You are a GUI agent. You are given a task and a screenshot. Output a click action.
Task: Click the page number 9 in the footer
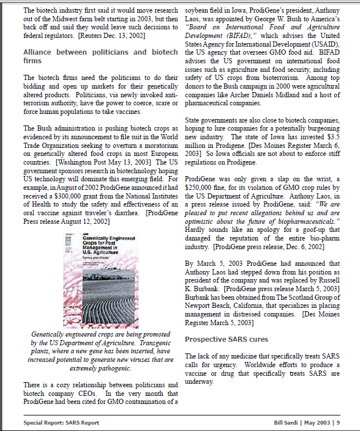pos(339,422)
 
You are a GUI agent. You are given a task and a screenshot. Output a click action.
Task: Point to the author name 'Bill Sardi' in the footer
pos(288,422)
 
